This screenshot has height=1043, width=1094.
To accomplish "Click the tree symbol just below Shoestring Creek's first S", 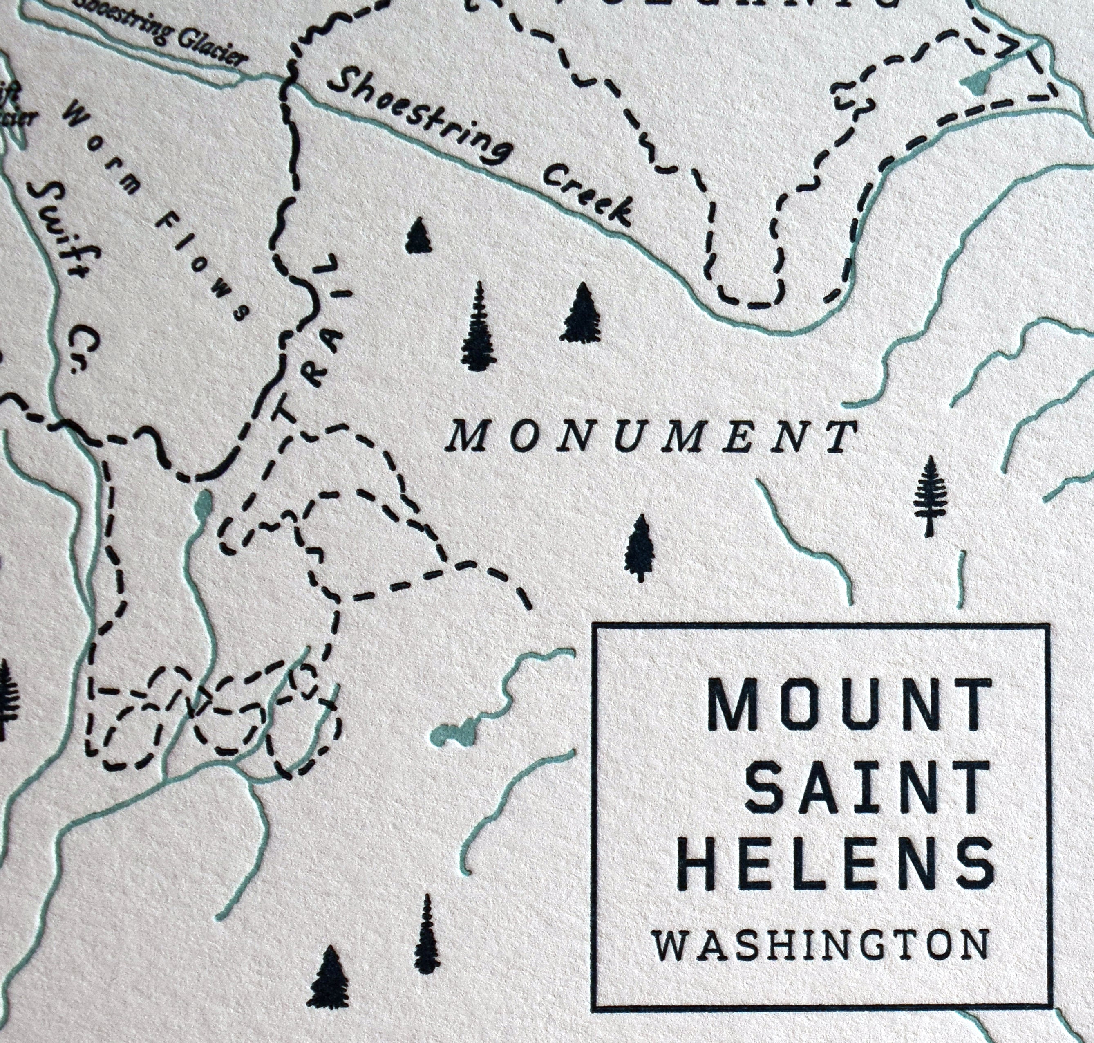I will (x=418, y=236).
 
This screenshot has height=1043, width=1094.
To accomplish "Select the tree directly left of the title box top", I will (x=641, y=547).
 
